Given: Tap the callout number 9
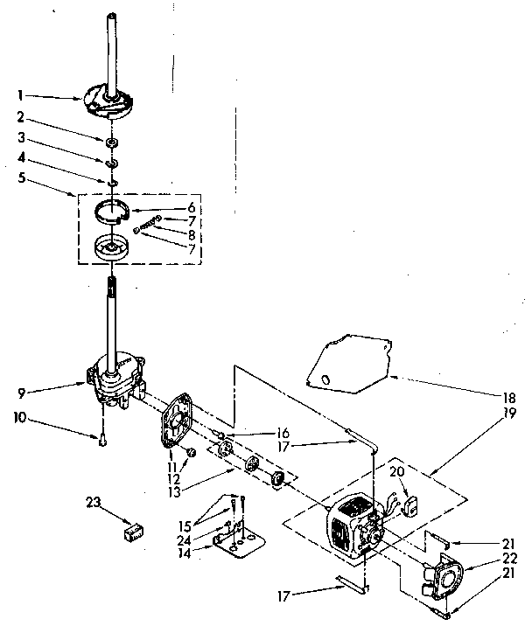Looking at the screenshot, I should coord(20,381).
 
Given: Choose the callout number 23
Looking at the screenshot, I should coord(94,501).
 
